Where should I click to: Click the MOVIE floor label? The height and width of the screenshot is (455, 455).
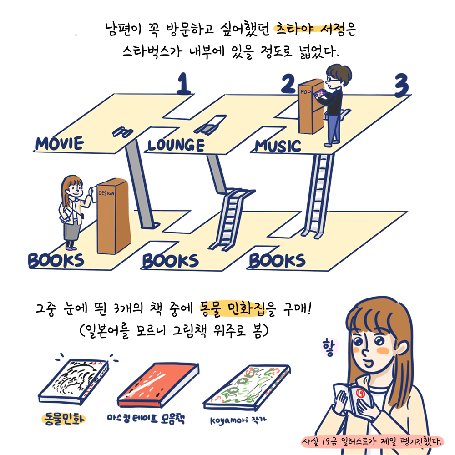tap(60, 143)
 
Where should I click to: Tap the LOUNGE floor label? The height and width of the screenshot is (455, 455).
tap(176, 145)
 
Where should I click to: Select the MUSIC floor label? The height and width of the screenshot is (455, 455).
tap(278, 146)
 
